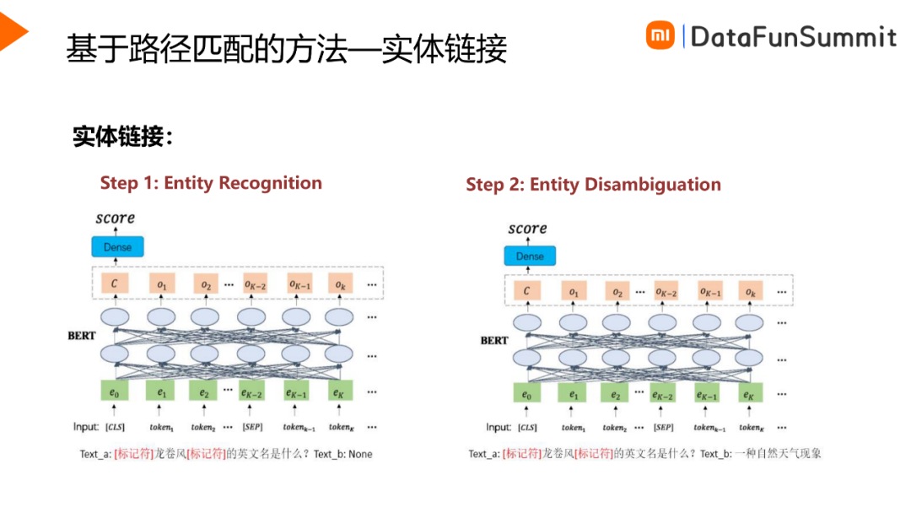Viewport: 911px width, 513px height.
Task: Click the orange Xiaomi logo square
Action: [x=660, y=35]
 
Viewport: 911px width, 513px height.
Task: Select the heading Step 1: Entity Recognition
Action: [x=211, y=183]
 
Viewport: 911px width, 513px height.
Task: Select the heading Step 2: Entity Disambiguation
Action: [x=593, y=185]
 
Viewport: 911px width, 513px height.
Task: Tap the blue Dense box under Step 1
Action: [x=117, y=247]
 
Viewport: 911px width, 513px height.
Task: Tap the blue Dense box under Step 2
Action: [x=530, y=256]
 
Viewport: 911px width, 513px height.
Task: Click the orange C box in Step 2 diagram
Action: [x=526, y=292]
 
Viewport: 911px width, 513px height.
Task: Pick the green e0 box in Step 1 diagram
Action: [x=115, y=393]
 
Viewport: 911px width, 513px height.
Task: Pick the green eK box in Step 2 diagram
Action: [x=747, y=395]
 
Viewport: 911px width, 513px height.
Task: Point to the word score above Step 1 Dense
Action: [x=115, y=218]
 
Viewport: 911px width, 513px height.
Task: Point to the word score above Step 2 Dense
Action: [x=527, y=229]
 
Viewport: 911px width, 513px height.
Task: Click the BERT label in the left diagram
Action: [x=83, y=336]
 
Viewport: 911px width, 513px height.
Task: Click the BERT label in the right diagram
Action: [x=494, y=341]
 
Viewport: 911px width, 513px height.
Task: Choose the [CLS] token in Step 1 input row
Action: [x=115, y=428]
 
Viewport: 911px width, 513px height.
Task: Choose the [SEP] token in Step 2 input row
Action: [x=663, y=428]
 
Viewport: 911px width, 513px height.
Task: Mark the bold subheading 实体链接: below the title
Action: [x=122, y=137]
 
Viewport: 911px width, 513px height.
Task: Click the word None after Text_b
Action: [x=359, y=454]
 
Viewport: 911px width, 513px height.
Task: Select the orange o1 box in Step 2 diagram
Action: [x=574, y=292]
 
